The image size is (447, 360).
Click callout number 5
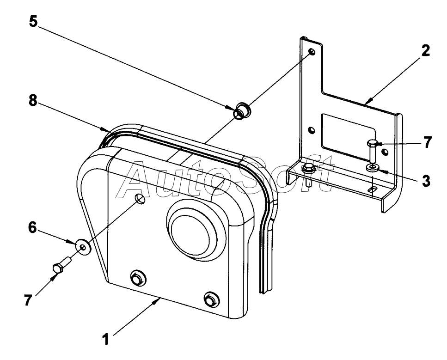tap(33, 22)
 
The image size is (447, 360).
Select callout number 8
tap(33, 100)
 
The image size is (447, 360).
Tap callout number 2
tap(425, 50)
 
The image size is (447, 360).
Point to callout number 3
tap(426, 181)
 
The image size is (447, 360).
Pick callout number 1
tap(106, 340)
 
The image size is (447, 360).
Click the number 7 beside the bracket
tap(427, 142)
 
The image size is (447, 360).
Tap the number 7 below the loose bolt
tap(28, 300)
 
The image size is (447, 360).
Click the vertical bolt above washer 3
tap(372, 151)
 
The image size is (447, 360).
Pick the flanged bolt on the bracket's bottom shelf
tap(307, 174)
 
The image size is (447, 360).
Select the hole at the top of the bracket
tap(312, 52)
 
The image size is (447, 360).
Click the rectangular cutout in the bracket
tap(348, 134)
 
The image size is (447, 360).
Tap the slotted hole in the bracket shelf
tap(372, 189)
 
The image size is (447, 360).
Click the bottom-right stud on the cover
tap(212, 299)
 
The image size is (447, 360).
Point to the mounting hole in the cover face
tap(140, 199)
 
